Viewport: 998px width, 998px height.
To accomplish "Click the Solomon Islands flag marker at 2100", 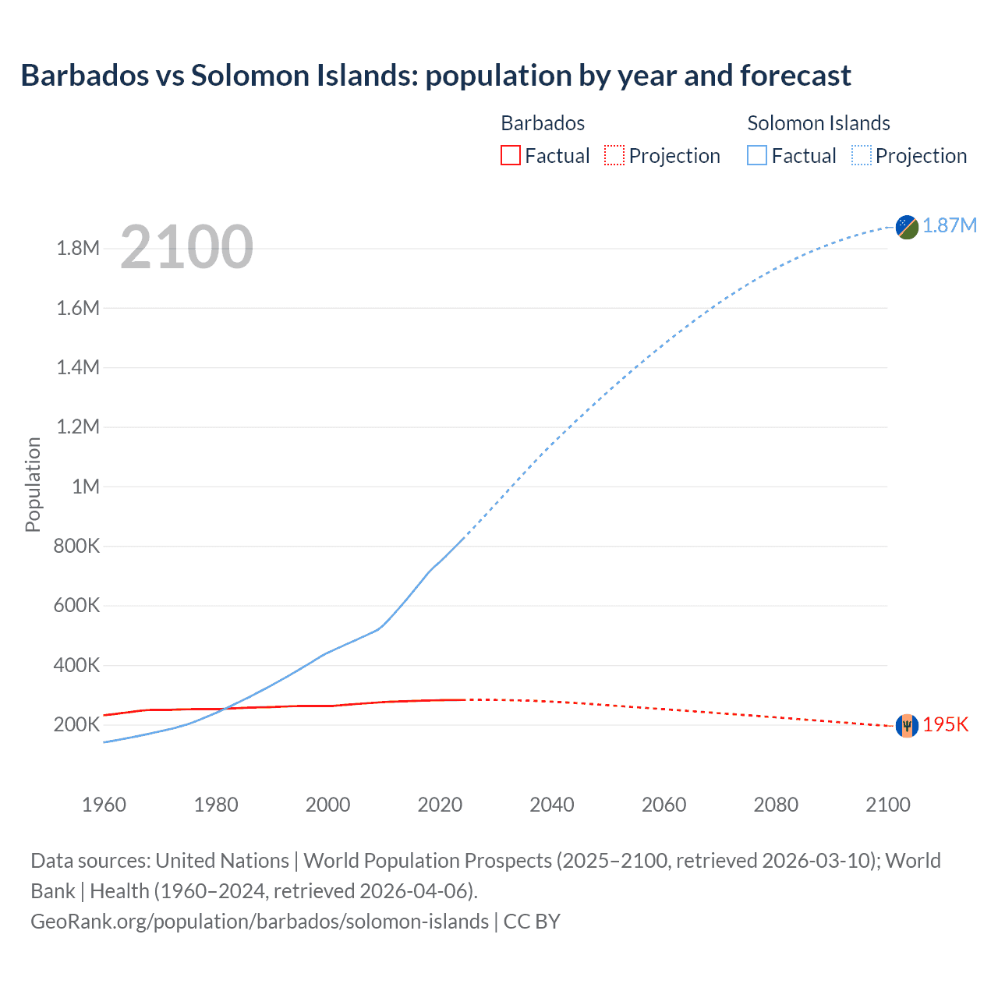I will coord(907,227).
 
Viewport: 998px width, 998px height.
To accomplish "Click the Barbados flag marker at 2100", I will coord(907,725).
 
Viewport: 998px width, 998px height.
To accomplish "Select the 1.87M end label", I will coord(950,225).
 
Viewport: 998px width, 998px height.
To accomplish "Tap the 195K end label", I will coord(945,724).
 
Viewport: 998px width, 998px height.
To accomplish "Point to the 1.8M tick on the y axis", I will coord(78,249).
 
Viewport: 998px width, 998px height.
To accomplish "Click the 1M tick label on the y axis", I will coord(85,487).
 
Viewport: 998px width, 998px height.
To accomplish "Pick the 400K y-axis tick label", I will coord(76,665).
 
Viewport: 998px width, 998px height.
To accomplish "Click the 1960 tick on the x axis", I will coord(104,805).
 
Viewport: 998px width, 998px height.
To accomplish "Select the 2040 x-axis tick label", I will coord(551,805).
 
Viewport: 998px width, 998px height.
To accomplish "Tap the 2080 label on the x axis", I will coord(776,805).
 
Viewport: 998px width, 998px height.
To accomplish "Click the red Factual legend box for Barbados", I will coord(510,155).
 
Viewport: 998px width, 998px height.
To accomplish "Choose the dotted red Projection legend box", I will coord(614,155).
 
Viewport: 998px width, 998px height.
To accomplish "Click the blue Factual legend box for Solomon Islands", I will coord(756,155).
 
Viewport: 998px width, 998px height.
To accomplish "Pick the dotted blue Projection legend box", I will coord(861,155).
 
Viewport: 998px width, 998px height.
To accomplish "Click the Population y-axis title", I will coord(33,484).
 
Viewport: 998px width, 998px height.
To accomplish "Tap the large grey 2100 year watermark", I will coord(186,247).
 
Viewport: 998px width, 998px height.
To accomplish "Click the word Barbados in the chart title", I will coord(84,76).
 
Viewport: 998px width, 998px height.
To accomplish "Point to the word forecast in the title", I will coord(795,76).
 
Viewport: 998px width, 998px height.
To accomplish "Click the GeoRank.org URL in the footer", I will coord(260,921).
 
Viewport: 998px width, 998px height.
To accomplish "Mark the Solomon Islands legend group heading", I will coord(818,123).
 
